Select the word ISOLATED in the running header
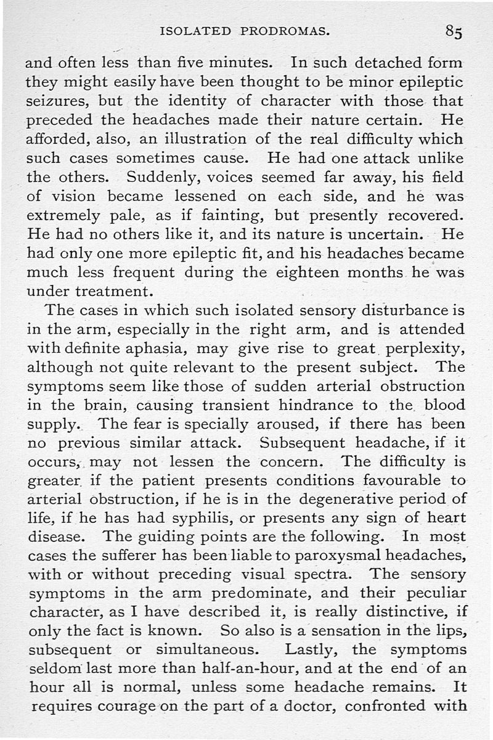point(195,31)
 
